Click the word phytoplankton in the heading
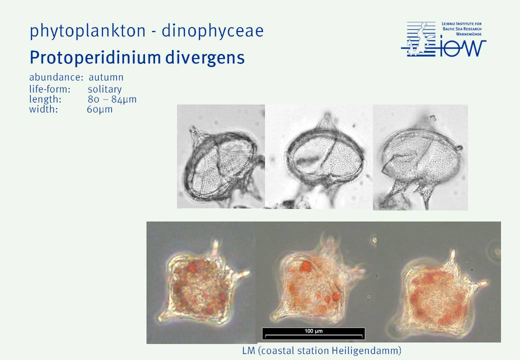tap(87, 31)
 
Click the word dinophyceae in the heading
tap(212, 31)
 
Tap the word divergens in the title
tap(205, 58)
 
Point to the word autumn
tap(106, 77)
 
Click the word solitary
tap(105, 89)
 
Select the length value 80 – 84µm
tap(112, 99)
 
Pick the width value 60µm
tap(100, 109)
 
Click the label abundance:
tap(56, 77)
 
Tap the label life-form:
tap(49, 89)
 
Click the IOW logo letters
tap(462, 48)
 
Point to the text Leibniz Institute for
tap(461, 24)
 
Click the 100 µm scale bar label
tap(313, 331)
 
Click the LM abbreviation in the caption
tap(248, 350)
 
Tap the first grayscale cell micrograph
tap(221, 156)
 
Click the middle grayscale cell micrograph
tap(319, 156)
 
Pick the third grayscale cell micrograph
tap(420, 157)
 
